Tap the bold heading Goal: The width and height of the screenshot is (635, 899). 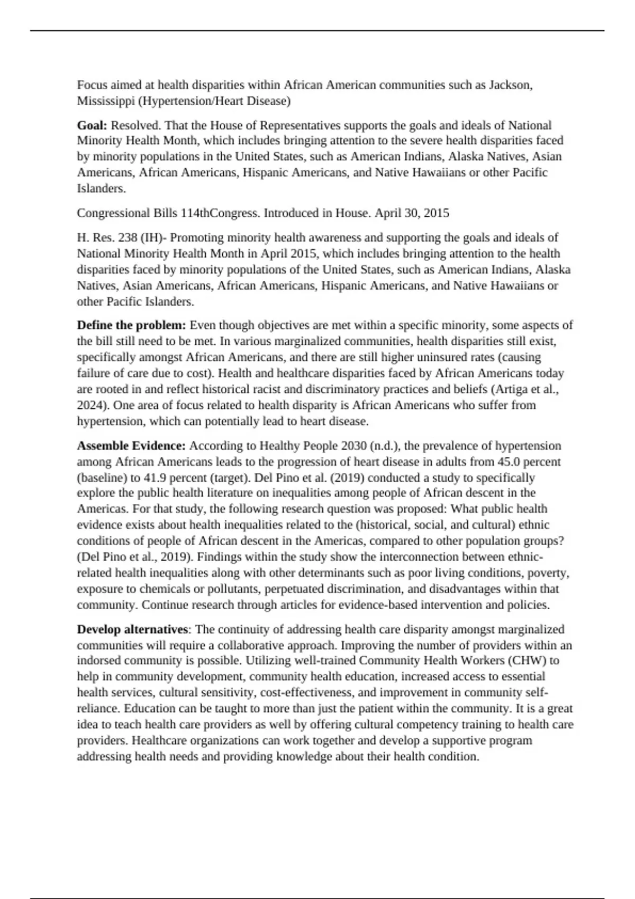click(92, 125)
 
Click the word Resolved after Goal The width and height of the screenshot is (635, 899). click(136, 125)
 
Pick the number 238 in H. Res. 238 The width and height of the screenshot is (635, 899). click(128, 237)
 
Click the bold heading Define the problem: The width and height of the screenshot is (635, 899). click(131, 325)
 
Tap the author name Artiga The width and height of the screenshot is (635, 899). click(510, 389)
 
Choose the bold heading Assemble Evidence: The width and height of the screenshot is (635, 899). click(131, 446)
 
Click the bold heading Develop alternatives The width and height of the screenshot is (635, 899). click(132, 629)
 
